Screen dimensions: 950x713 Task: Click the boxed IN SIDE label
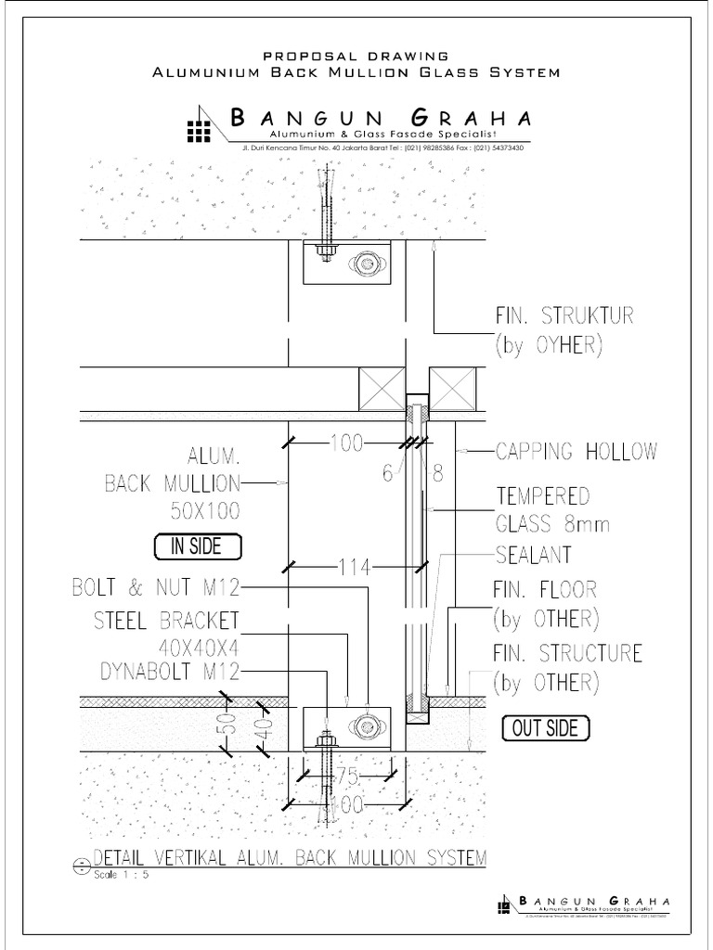196,546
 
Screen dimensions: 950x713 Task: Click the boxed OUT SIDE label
546,728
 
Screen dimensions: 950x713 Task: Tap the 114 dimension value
355,566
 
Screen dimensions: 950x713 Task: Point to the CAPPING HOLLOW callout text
577,453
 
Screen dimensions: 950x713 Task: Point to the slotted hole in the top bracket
365,264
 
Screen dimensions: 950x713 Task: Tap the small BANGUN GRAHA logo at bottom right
506,905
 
